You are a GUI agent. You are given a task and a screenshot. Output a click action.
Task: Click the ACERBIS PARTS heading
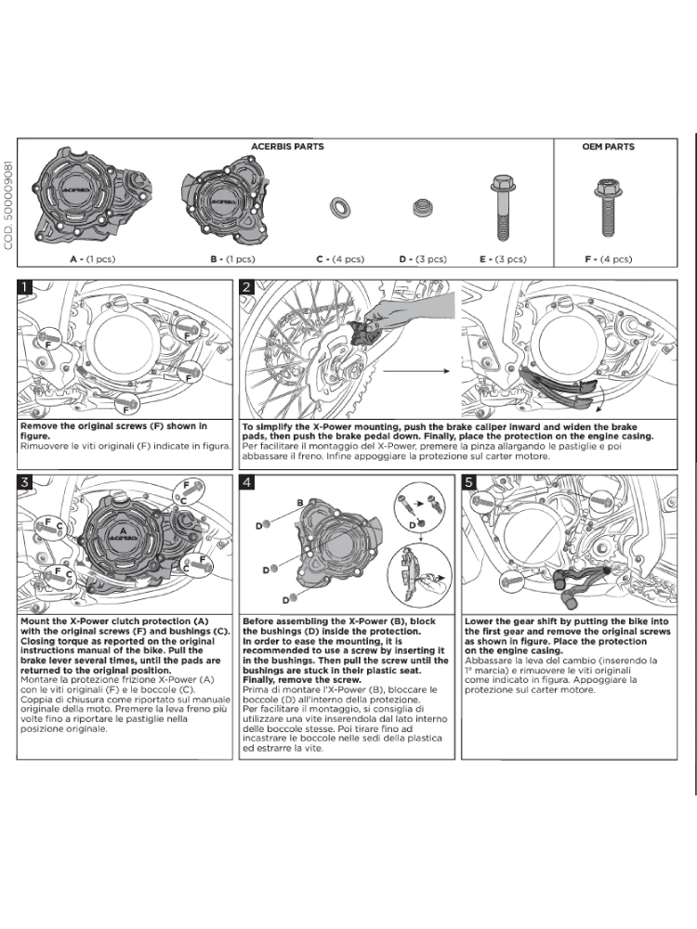point(287,147)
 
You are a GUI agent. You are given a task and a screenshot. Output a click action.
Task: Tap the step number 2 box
point(247,287)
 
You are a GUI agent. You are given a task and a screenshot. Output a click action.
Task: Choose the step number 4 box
point(247,481)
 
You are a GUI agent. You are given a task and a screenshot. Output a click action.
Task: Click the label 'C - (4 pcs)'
point(340,260)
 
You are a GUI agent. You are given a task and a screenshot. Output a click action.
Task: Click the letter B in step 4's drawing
point(301,502)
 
